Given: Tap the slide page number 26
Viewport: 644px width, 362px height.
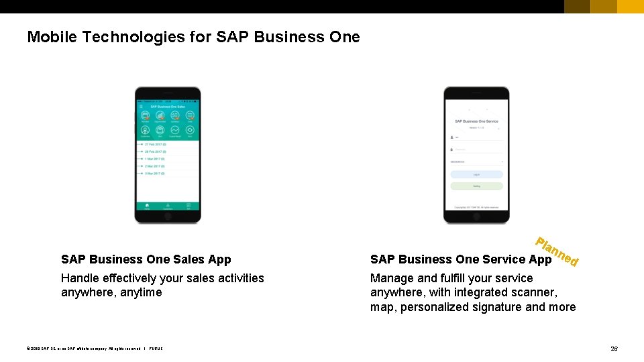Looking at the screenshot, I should (614, 349).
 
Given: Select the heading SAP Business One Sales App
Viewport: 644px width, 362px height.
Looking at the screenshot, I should (146, 259).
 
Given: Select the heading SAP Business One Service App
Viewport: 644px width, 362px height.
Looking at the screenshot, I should (461, 259).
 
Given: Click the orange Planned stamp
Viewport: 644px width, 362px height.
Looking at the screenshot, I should (557, 251).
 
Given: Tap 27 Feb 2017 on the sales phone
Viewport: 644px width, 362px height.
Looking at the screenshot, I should (156, 144).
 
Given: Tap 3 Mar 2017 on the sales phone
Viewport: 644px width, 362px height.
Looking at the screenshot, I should (155, 174).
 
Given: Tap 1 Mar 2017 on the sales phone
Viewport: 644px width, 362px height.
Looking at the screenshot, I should (155, 159).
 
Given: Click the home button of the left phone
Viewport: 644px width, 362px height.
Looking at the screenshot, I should (168, 216).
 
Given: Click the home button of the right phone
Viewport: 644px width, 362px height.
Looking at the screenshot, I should (476, 216).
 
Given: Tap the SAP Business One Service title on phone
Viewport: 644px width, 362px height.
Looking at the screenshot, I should (476, 121).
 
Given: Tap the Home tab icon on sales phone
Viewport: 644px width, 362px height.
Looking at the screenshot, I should (147, 205).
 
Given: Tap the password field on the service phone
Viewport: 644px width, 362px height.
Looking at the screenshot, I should (476, 149).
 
